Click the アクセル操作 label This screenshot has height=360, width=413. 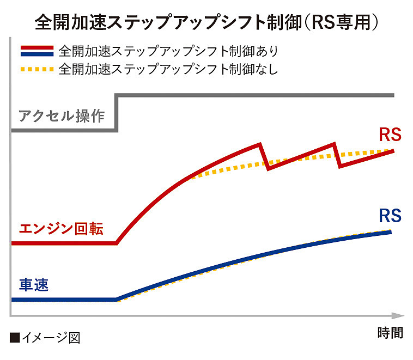(61, 115)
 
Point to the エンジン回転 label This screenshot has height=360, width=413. (61, 228)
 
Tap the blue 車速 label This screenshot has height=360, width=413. (34, 285)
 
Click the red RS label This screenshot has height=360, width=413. (390, 135)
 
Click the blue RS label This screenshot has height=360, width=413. (390, 216)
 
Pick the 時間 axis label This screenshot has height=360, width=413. (390, 332)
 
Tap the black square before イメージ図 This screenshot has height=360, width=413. (15, 338)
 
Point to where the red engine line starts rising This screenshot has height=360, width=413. (117, 243)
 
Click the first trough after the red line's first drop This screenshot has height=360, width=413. (268, 168)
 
